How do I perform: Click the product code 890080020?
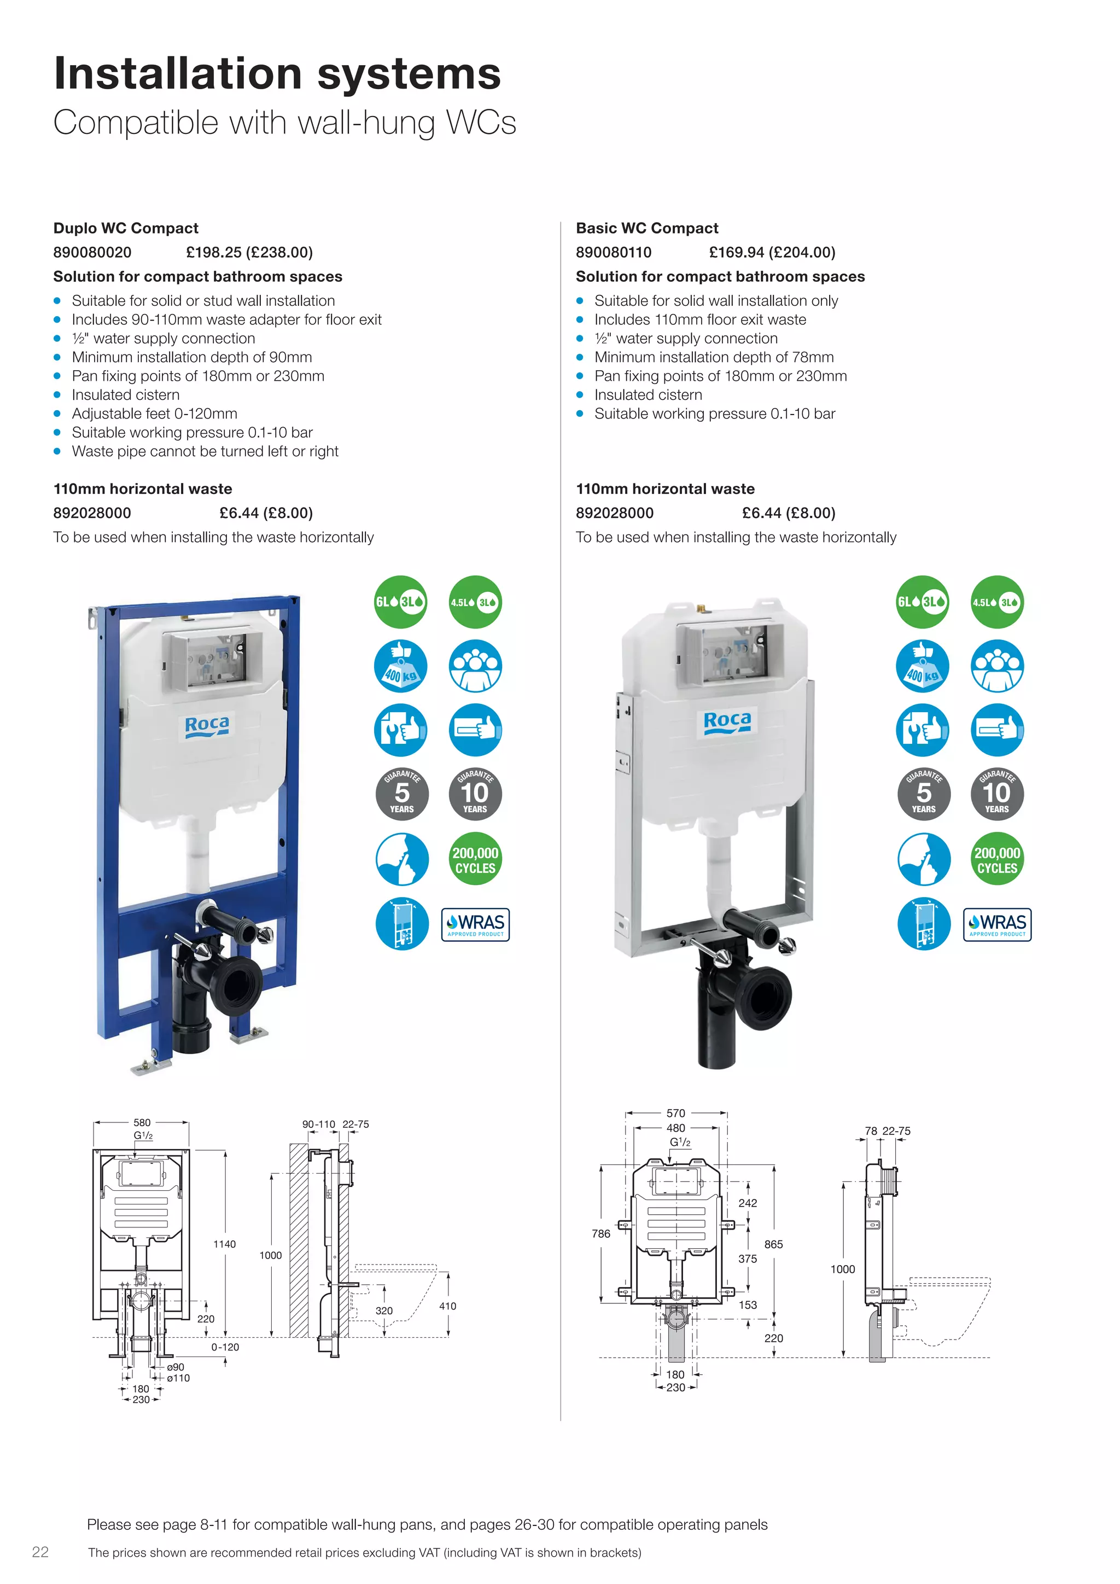click(x=92, y=253)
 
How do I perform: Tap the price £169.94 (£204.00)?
click(x=772, y=253)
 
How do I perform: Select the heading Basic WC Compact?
click(x=647, y=228)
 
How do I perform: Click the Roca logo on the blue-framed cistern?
click(x=207, y=726)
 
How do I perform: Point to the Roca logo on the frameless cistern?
click(x=727, y=721)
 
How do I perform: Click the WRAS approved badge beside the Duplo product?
click(x=475, y=924)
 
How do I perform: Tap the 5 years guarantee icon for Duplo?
click(x=401, y=794)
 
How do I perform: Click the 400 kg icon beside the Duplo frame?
click(x=401, y=666)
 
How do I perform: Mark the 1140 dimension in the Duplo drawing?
click(x=224, y=1244)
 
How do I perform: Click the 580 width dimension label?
click(x=142, y=1122)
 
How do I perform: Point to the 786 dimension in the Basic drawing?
click(x=600, y=1233)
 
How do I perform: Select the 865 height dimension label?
click(x=773, y=1244)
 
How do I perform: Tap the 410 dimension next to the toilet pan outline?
click(x=447, y=1306)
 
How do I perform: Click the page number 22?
click(x=40, y=1552)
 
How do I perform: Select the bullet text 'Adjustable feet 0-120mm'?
click(x=154, y=414)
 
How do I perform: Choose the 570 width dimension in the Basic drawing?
click(x=676, y=1113)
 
